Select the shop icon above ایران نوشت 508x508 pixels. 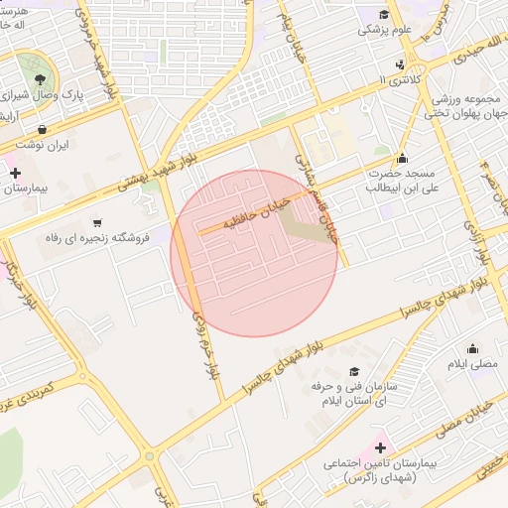click(x=43, y=129)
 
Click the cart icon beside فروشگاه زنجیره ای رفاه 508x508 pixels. click(x=97, y=222)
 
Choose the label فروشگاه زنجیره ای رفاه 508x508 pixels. click(x=96, y=239)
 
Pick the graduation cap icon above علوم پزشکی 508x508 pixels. click(x=384, y=14)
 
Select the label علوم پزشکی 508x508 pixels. click(x=384, y=30)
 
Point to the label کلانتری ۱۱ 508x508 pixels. click(x=399, y=79)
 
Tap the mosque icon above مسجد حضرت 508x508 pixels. click(x=402, y=158)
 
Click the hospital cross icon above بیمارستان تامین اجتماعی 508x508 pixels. click(x=380, y=448)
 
